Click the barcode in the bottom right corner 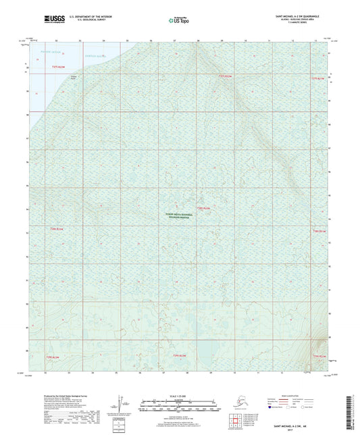coord(353,411)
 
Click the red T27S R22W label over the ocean coord(61,67)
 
